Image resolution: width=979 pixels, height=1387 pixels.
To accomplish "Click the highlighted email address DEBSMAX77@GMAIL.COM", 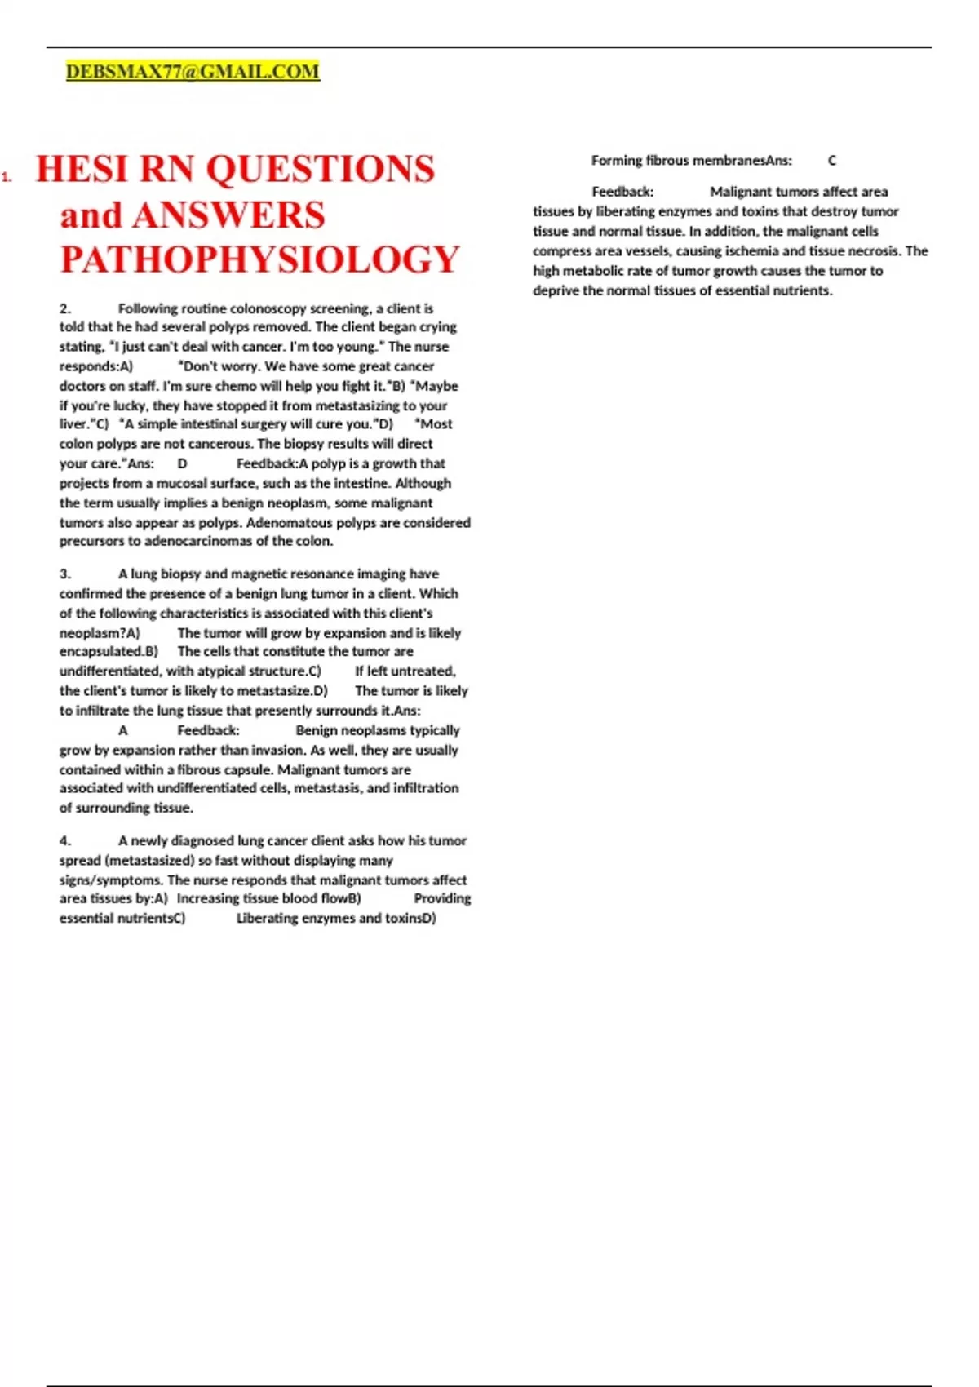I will pyautogui.click(x=193, y=72).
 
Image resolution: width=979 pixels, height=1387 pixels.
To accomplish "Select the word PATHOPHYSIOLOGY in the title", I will pyautogui.click(x=260, y=259).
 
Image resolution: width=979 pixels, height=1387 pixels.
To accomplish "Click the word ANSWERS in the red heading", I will pyautogui.click(x=228, y=215).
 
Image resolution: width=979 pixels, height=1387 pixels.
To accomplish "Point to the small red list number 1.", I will pyautogui.click(x=7, y=176).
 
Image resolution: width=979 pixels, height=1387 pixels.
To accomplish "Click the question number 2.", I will pyautogui.click(x=65, y=308).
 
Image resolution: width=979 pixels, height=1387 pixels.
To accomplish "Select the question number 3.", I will pyautogui.click(x=65, y=574).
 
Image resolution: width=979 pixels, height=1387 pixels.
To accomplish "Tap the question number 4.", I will pyautogui.click(x=65, y=840).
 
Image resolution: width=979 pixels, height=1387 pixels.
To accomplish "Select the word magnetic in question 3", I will pyautogui.click(x=255, y=574).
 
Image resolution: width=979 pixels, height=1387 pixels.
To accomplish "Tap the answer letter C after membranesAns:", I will pyautogui.click(x=832, y=161).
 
